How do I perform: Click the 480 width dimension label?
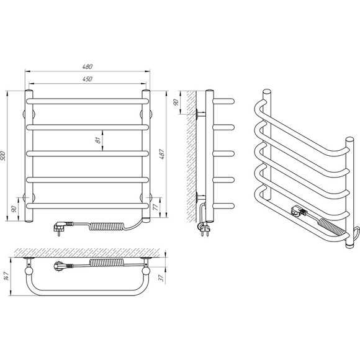click(88, 66)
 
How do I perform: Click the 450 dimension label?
click(88, 79)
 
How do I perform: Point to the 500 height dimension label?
click(3, 156)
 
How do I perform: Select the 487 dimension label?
click(161, 155)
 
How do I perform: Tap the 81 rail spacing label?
click(98, 140)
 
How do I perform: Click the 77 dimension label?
click(155, 207)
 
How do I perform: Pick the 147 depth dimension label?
click(6, 276)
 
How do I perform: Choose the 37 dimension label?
click(161, 278)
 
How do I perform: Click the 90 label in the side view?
click(176, 102)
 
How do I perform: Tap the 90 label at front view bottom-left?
click(14, 209)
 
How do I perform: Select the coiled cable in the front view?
click(107, 227)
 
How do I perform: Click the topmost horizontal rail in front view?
click(88, 101)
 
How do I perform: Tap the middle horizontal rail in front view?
click(88, 153)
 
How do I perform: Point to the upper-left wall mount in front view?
click(29, 114)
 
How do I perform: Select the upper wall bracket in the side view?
click(200, 114)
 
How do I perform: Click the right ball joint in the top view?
click(146, 271)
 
